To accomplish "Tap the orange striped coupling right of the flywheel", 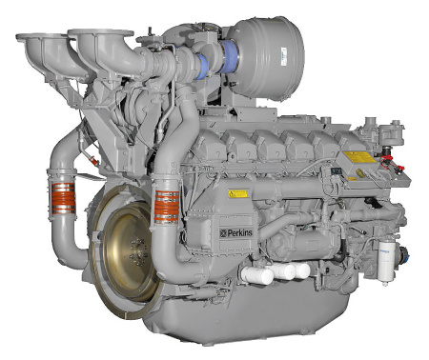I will [166, 204].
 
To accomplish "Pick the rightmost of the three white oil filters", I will [300, 270].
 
